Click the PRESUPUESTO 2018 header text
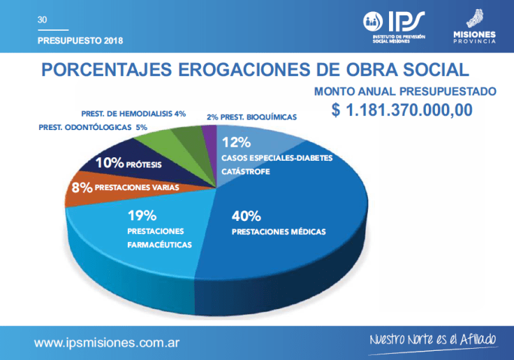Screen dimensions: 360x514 click(80, 41)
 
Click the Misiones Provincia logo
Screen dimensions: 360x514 click(474, 28)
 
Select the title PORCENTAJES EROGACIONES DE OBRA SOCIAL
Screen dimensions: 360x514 click(255, 71)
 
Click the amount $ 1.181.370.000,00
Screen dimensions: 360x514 click(402, 110)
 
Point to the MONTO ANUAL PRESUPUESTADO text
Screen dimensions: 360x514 click(405, 92)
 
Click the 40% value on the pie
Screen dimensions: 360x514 click(246, 215)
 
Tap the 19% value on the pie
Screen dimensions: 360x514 click(141, 215)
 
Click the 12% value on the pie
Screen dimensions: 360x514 click(235, 143)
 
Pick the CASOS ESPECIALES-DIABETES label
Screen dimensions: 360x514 click(277, 157)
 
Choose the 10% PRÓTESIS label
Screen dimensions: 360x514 click(128, 164)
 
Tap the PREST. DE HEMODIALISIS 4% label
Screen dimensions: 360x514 click(133, 113)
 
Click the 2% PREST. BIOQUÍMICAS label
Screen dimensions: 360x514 click(251, 117)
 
